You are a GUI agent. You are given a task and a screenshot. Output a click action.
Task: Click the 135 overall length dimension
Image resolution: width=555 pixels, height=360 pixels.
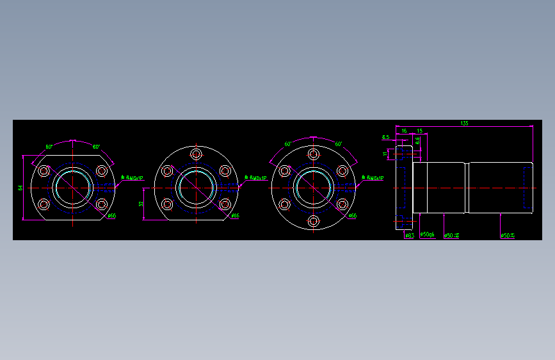point(463,122)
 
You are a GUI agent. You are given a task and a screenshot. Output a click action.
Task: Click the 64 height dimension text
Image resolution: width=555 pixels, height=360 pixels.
point(20,188)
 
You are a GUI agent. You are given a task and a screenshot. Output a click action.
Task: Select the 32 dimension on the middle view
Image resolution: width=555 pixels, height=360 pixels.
point(141,204)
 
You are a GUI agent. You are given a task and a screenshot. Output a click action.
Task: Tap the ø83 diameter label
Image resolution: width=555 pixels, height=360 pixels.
point(410,236)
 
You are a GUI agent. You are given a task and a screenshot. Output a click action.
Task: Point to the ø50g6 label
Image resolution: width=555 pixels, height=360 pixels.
point(427,236)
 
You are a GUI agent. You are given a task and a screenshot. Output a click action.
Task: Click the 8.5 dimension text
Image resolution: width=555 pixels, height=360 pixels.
point(385,137)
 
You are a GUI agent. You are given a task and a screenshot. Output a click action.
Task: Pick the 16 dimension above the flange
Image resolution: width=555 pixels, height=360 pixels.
point(404,131)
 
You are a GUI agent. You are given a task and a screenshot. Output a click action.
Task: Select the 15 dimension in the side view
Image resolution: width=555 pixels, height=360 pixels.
point(420,131)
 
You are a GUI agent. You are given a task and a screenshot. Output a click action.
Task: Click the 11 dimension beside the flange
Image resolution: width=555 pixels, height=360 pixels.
point(385,154)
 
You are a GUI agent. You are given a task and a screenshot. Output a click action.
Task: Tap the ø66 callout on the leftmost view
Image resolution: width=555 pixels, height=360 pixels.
point(111,216)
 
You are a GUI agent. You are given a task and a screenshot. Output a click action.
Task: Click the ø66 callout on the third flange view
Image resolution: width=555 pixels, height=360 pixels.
point(352,216)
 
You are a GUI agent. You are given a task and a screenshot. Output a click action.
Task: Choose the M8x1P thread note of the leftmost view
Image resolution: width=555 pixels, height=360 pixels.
point(134,178)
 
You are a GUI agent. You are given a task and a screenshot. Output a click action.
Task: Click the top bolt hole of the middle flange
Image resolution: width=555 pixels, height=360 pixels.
point(196,155)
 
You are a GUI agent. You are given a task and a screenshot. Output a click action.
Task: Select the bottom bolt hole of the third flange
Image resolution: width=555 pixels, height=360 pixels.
point(314,221)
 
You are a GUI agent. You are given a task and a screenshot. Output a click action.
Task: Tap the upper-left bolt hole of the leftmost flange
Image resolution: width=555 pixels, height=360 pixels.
point(44,171)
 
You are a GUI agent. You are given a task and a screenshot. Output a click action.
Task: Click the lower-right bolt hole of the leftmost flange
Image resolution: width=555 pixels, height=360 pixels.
point(102,205)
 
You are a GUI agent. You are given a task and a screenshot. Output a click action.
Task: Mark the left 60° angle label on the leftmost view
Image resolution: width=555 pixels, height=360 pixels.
point(49,147)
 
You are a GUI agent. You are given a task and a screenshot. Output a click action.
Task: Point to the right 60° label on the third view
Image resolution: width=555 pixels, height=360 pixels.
point(339,144)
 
